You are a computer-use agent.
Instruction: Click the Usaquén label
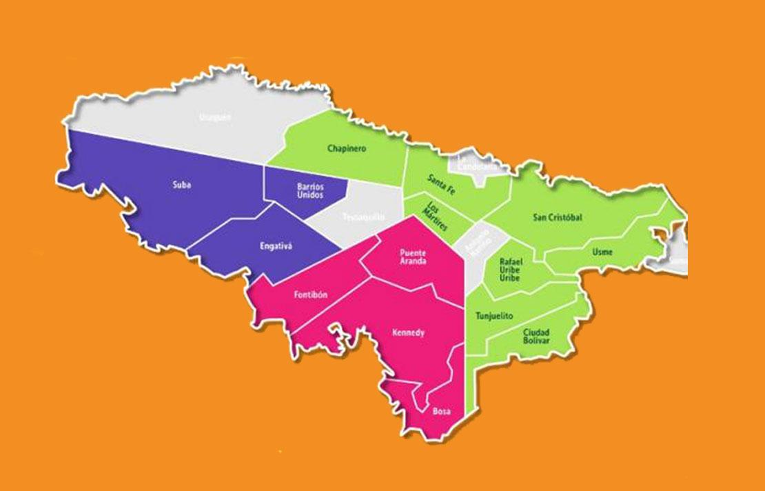point(214,117)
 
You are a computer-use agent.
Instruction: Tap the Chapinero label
point(347,148)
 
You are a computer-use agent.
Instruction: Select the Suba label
point(182,185)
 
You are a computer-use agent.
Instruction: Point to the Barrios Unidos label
point(311,190)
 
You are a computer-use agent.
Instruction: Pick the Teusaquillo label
point(363,217)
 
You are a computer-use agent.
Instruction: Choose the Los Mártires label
point(436,215)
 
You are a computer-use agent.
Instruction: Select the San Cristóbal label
point(558,217)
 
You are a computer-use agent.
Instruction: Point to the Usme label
point(602,252)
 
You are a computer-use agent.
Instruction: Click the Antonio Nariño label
point(478,243)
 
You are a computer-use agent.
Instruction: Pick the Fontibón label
point(310,295)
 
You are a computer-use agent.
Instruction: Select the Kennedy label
point(408,333)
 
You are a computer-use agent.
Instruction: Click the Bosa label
point(441,412)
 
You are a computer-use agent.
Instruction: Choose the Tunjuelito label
point(494,317)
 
